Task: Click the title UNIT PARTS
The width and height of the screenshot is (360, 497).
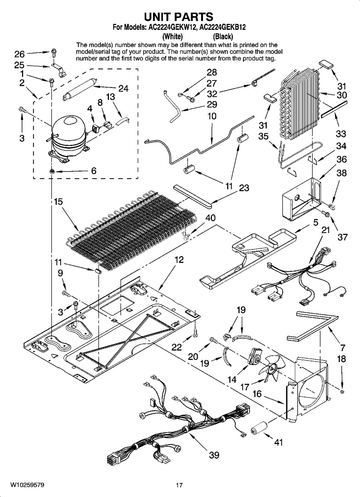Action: tap(179, 17)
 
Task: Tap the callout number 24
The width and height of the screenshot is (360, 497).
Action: tap(123, 88)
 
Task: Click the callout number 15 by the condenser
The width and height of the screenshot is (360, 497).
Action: tap(58, 202)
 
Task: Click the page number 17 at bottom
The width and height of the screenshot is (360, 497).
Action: tap(179, 485)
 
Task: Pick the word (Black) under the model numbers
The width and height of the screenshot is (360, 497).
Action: tap(223, 37)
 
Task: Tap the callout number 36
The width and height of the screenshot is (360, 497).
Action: tap(341, 160)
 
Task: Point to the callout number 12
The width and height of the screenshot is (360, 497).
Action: tap(179, 259)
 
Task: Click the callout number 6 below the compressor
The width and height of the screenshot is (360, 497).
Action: tap(94, 171)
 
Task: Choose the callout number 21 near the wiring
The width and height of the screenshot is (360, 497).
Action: tap(326, 230)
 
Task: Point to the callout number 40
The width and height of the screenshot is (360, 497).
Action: tap(210, 218)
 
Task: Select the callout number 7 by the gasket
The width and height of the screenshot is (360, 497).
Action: tap(342, 349)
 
